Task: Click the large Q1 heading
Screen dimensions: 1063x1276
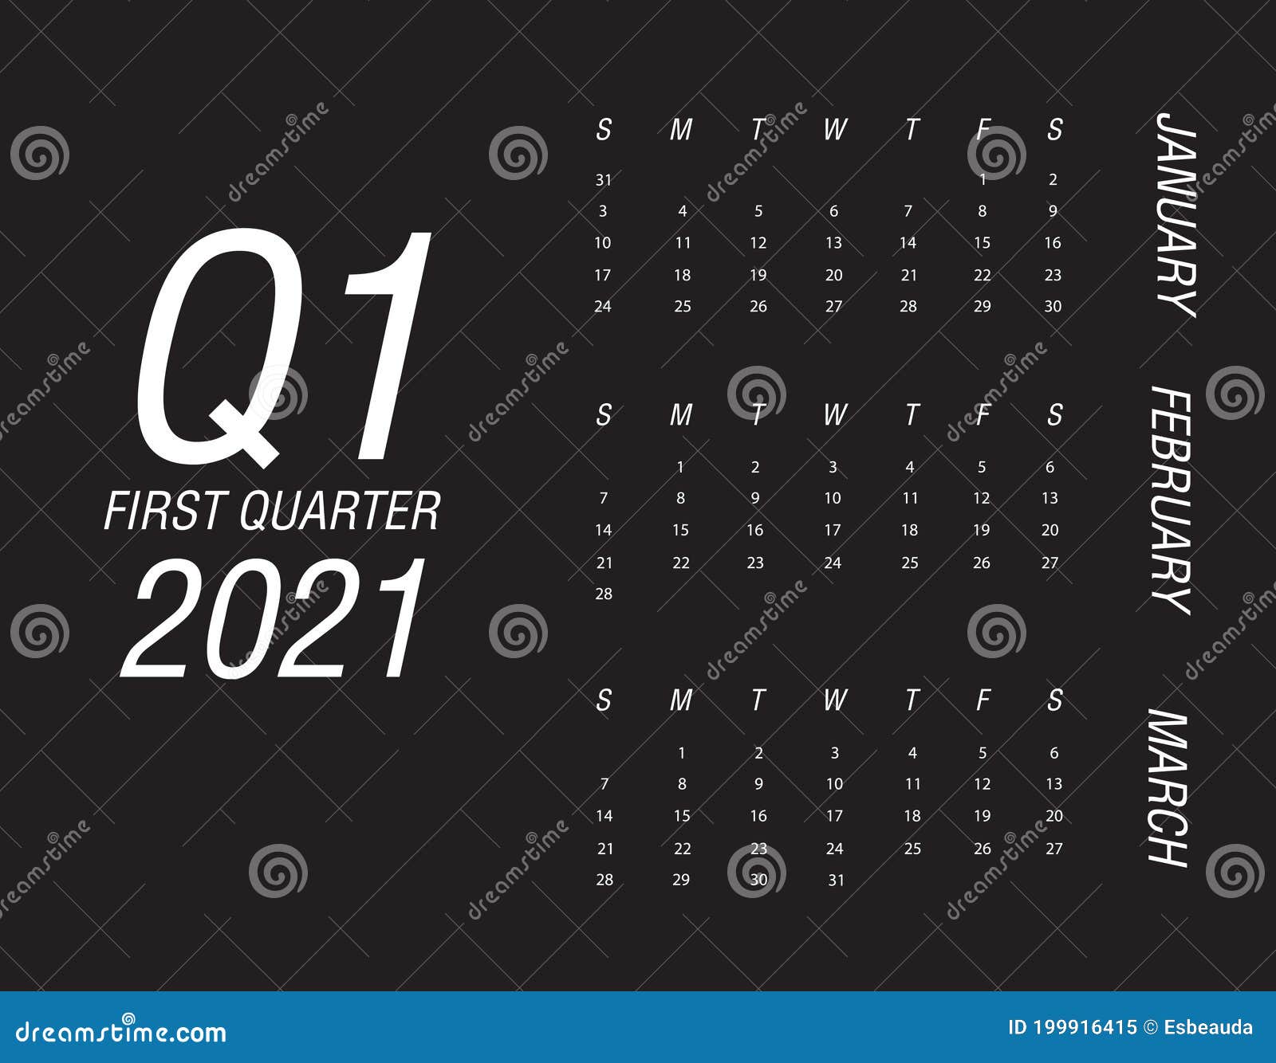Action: pos(283,347)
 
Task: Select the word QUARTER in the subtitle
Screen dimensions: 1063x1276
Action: pos(340,511)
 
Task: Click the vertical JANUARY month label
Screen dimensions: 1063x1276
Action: pos(1176,214)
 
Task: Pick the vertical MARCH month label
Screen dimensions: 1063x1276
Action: pos(1169,786)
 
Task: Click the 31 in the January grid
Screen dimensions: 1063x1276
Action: pos(604,180)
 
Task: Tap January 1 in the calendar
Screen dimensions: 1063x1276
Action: pos(983,180)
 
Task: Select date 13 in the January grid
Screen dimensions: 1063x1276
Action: pos(833,243)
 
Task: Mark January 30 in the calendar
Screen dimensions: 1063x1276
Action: pos(1053,306)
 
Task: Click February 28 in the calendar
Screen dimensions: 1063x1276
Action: pos(604,594)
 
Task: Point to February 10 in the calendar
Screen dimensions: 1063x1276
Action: pos(833,498)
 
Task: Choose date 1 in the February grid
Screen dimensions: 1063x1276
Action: pos(680,467)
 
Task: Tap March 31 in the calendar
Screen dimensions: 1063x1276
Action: pos(835,880)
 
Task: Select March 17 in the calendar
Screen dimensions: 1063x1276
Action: pos(834,816)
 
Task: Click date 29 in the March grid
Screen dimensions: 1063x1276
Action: pos(681,880)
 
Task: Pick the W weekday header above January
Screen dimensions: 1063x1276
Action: pos(834,129)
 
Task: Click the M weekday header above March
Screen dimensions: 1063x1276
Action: pos(680,700)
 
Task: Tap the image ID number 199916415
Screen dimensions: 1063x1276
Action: pos(1082,1027)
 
